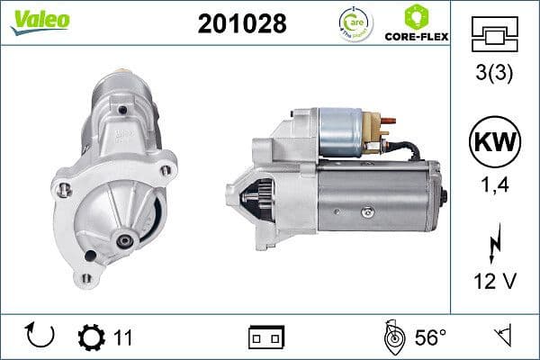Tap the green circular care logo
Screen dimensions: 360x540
350,22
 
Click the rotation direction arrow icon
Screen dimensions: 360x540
41,337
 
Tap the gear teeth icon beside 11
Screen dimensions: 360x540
92,337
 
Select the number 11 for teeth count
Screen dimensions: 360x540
123,337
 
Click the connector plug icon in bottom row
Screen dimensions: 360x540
266,337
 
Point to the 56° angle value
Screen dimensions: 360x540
430,337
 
